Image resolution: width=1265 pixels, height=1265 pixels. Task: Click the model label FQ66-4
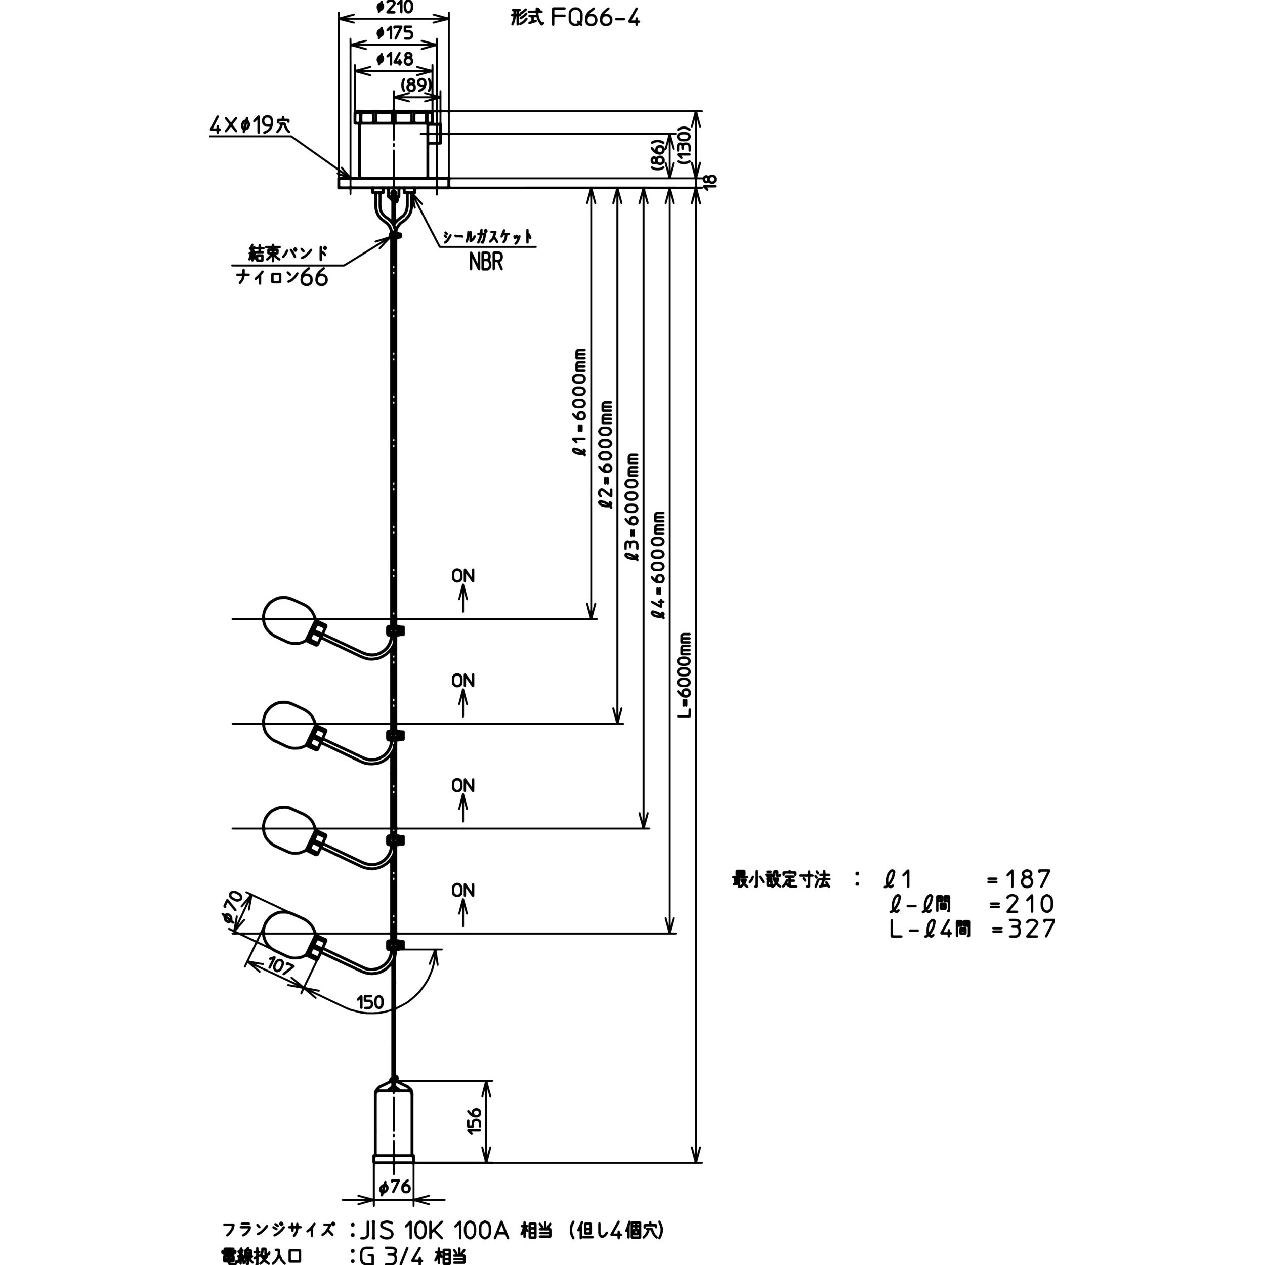click(x=595, y=18)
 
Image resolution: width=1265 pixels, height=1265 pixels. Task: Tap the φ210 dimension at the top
click(x=395, y=8)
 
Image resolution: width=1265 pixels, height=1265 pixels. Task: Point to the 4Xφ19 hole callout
click(x=250, y=125)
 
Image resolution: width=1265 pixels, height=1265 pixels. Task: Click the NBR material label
click(x=486, y=262)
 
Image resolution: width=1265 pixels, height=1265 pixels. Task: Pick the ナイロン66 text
click(x=281, y=278)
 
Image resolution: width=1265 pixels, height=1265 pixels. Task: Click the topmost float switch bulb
click(x=288, y=619)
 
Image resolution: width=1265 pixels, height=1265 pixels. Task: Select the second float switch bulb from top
click(x=288, y=724)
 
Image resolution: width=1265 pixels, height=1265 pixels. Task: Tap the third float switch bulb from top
click(x=288, y=829)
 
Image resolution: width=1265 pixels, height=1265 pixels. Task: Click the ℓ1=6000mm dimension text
click(x=579, y=403)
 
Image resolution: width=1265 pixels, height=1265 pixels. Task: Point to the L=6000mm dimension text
click(x=684, y=674)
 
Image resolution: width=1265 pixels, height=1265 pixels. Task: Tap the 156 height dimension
click(x=475, y=1121)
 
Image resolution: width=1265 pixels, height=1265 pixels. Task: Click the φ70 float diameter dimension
click(x=233, y=909)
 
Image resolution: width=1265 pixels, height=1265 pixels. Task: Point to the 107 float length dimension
click(x=280, y=966)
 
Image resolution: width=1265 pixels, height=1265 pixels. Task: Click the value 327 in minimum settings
click(x=1031, y=929)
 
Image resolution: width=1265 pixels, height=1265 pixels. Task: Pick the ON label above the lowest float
click(x=463, y=891)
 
